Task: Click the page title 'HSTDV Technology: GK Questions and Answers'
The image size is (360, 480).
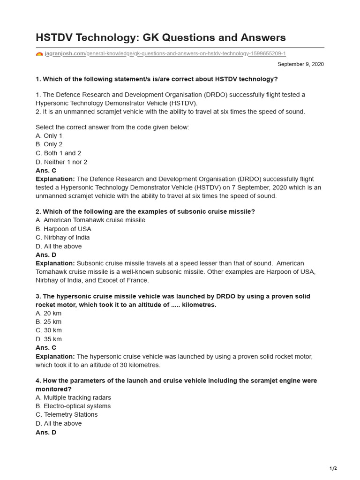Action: click(x=160, y=37)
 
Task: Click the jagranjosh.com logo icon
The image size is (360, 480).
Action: click(x=39, y=54)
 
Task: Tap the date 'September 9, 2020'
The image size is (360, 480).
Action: click(x=300, y=64)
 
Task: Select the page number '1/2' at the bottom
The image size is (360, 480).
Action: click(x=333, y=468)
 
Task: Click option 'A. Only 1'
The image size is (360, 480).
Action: click(x=49, y=135)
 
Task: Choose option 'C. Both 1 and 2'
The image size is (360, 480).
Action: click(x=58, y=153)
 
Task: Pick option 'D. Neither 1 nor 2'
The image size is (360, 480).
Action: click(x=61, y=162)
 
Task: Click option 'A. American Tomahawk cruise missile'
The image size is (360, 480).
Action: click(x=90, y=220)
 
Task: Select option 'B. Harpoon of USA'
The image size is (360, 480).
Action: click(x=63, y=229)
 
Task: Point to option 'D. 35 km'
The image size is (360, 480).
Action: click(x=49, y=339)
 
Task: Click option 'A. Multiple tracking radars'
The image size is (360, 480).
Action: click(x=73, y=397)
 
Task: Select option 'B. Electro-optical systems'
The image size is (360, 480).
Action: click(x=73, y=406)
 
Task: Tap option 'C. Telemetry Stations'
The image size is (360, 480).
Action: click(x=67, y=414)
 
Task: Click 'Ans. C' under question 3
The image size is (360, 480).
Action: click(x=46, y=348)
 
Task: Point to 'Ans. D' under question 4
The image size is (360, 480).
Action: click(x=46, y=432)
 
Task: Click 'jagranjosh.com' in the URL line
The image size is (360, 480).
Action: click(x=65, y=54)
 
